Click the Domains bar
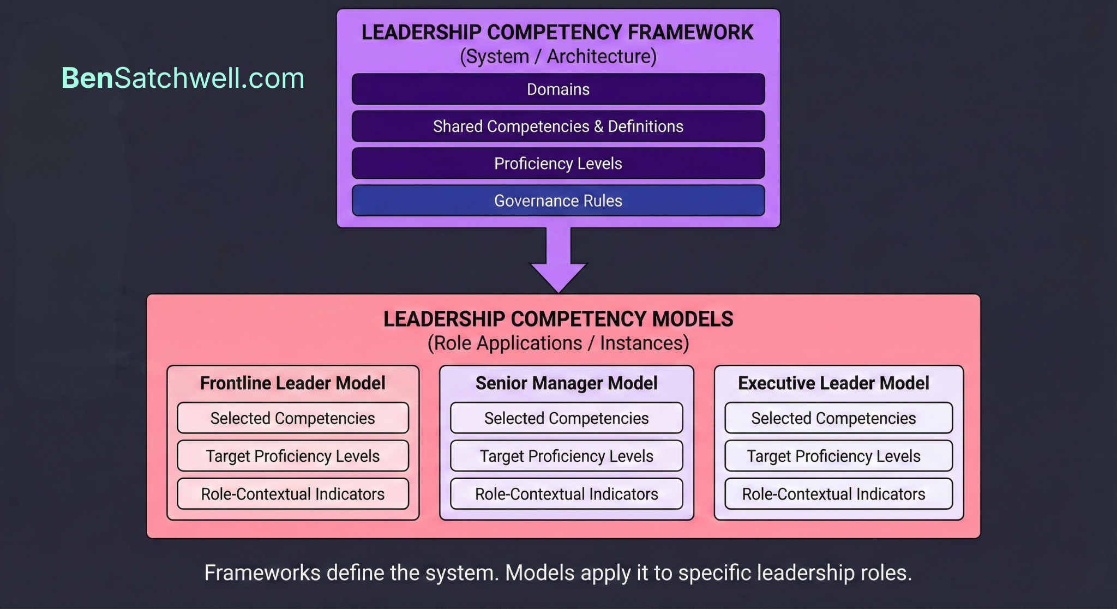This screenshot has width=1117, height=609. click(558, 89)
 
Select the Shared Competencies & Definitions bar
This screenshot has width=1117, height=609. click(558, 126)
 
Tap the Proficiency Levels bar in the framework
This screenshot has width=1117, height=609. click(558, 164)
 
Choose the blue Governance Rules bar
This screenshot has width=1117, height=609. click(558, 201)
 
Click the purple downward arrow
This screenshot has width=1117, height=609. click(558, 262)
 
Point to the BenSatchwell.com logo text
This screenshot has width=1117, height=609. click(183, 78)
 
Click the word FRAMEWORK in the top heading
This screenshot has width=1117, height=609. click(690, 33)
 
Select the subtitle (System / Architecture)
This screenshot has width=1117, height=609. click(558, 57)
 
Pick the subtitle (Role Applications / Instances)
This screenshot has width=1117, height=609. click(558, 343)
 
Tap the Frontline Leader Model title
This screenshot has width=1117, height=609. click(292, 383)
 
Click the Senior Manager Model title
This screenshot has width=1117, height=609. click(566, 383)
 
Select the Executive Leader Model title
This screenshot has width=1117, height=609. click(833, 383)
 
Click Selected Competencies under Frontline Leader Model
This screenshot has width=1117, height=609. click(292, 418)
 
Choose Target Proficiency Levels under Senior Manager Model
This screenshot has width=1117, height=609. click(566, 456)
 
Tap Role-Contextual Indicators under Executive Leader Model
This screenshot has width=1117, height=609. click(833, 494)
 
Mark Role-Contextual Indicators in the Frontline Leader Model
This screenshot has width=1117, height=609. click(292, 494)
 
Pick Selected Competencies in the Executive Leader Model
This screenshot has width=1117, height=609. click(833, 418)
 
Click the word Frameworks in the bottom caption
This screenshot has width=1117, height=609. click(262, 573)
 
